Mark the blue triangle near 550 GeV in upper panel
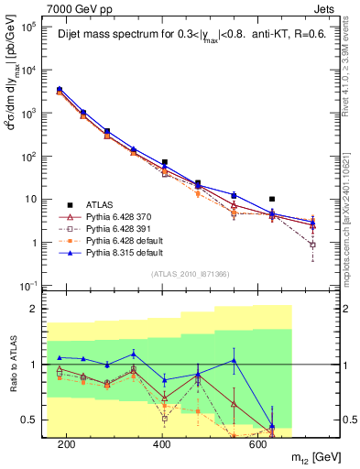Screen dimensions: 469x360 234,195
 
